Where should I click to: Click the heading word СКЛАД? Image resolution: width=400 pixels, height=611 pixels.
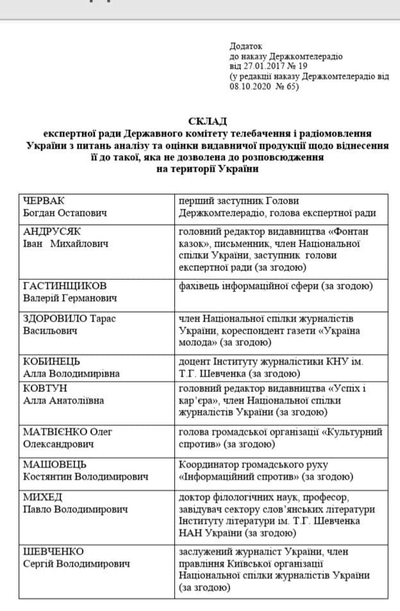point(208,121)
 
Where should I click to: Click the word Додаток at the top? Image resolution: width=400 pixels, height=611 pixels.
point(246,46)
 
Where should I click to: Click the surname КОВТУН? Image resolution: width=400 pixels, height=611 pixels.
point(44,388)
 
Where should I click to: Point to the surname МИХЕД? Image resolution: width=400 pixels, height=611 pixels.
point(40,498)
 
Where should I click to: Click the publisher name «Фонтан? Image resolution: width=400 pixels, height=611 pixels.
point(347,231)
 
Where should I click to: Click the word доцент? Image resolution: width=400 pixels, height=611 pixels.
point(194,361)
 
